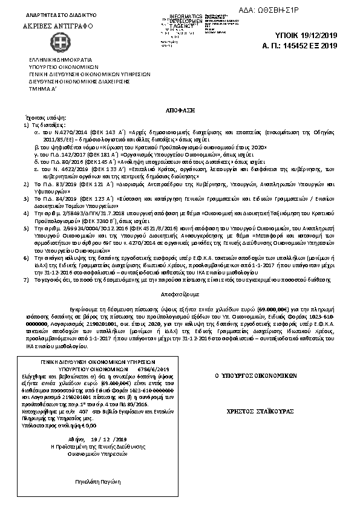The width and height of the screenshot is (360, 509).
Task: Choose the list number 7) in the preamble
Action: pyautogui.click(x=26, y=264)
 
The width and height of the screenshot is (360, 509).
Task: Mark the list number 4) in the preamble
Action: pyautogui.click(x=26, y=198)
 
